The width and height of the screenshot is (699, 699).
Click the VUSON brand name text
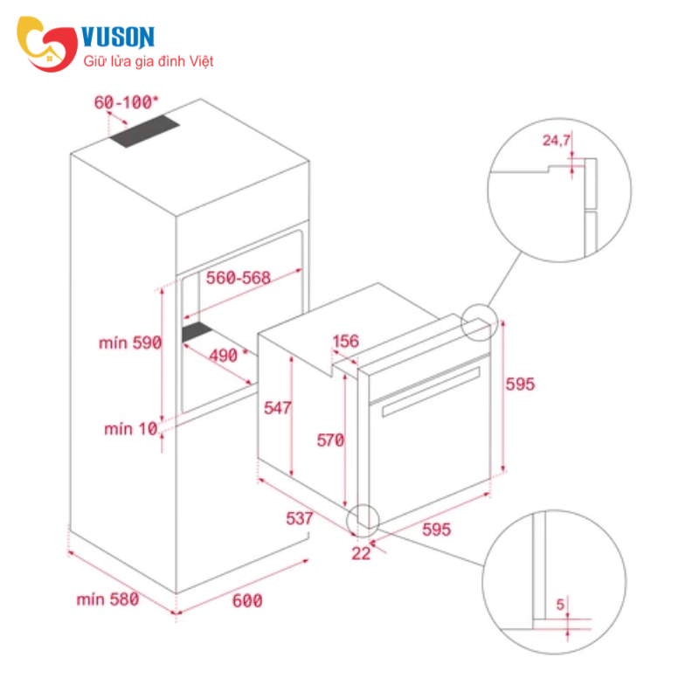(x=118, y=37)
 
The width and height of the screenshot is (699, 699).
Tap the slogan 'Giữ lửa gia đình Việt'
(x=149, y=61)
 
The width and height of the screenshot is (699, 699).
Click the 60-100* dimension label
(x=126, y=102)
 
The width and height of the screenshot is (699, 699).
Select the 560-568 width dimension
(x=238, y=278)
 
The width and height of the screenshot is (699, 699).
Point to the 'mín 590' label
(x=130, y=343)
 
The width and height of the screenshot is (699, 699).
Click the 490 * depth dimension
(x=228, y=356)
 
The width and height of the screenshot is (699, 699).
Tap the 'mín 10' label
(x=131, y=429)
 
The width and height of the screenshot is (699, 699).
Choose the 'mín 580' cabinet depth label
(x=107, y=599)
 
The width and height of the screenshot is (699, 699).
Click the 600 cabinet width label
(x=247, y=601)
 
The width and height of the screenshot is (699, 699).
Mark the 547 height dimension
(x=277, y=408)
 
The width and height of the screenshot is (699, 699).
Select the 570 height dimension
(x=330, y=440)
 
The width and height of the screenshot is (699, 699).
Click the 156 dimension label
(x=345, y=342)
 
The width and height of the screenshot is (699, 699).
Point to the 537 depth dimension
(x=300, y=518)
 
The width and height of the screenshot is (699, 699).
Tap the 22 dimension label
(x=361, y=554)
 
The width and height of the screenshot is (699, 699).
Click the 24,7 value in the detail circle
(x=557, y=141)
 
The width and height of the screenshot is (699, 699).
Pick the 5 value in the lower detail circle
(x=560, y=605)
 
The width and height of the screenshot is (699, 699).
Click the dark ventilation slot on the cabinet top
(x=145, y=132)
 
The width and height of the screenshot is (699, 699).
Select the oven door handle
(x=431, y=391)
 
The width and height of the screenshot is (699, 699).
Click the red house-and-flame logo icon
(x=47, y=44)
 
